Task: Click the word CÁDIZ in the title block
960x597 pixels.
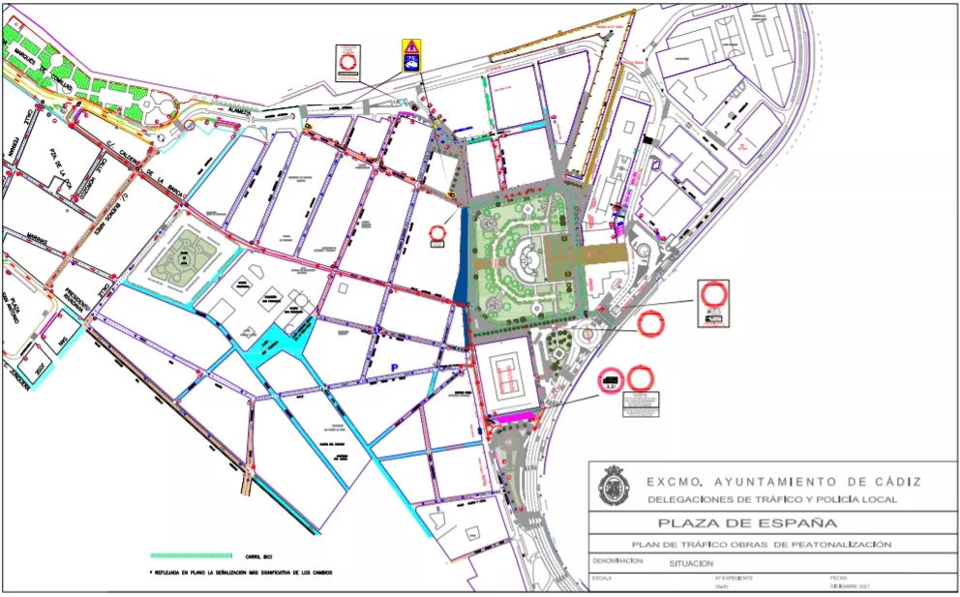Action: click(x=891, y=481)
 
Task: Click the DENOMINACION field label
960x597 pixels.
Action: click(x=618, y=560)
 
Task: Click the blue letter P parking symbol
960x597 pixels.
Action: click(x=394, y=366)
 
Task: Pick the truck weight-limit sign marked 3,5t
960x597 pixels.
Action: click(x=610, y=379)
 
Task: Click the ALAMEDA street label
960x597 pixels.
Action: click(x=239, y=112)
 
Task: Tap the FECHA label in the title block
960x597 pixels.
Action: click(x=838, y=578)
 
